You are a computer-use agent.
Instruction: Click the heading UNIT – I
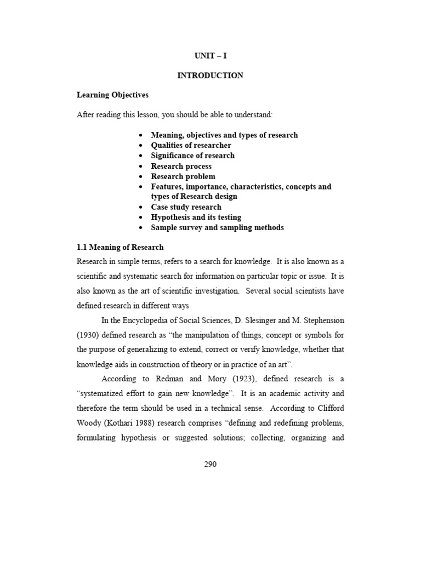210,56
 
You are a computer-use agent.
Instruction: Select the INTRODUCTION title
210,76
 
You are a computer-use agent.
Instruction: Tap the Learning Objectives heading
112,95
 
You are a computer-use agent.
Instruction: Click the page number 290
210,465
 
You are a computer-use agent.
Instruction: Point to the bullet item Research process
181,166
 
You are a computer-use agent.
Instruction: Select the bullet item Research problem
183,176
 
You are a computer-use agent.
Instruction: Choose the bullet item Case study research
186,207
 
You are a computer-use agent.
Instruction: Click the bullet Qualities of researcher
191,145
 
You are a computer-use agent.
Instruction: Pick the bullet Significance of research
192,156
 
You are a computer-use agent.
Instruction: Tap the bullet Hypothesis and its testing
196,217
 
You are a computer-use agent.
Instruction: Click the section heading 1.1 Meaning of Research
120,248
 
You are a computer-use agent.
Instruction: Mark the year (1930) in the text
88,335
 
